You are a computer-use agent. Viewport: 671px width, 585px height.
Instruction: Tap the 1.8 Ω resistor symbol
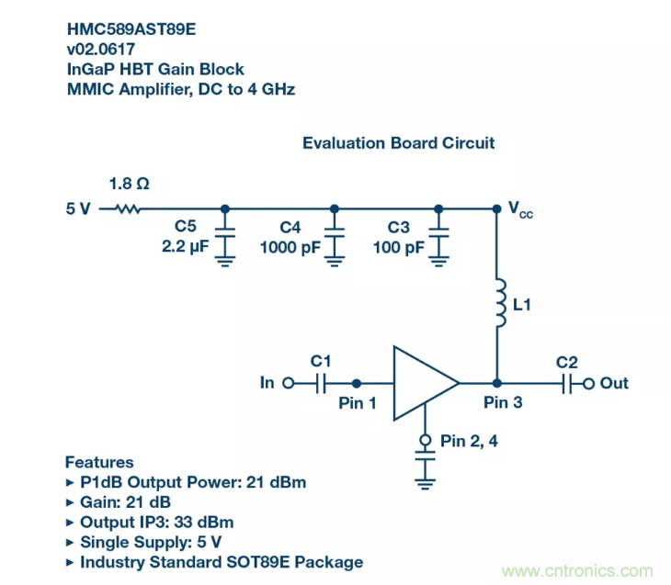pos(129,208)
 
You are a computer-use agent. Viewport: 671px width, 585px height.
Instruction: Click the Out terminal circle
pos(588,382)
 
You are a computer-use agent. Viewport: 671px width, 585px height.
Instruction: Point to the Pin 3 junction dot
pos(497,382)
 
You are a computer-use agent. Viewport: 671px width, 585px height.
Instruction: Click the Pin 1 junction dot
pos(357,382)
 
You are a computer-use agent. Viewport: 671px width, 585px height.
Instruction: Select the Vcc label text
pos(520,208)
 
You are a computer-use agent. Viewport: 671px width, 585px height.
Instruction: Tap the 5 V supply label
pos(78,208)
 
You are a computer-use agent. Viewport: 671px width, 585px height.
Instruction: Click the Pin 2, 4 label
pos(471,441)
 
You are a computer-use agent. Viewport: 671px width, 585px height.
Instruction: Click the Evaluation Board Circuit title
pos(399,143)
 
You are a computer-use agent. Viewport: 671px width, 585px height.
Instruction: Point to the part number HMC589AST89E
pos(131,29)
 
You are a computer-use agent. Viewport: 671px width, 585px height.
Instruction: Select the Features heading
pos(99,462)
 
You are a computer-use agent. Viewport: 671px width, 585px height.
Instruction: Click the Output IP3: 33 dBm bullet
pos(156,522)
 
